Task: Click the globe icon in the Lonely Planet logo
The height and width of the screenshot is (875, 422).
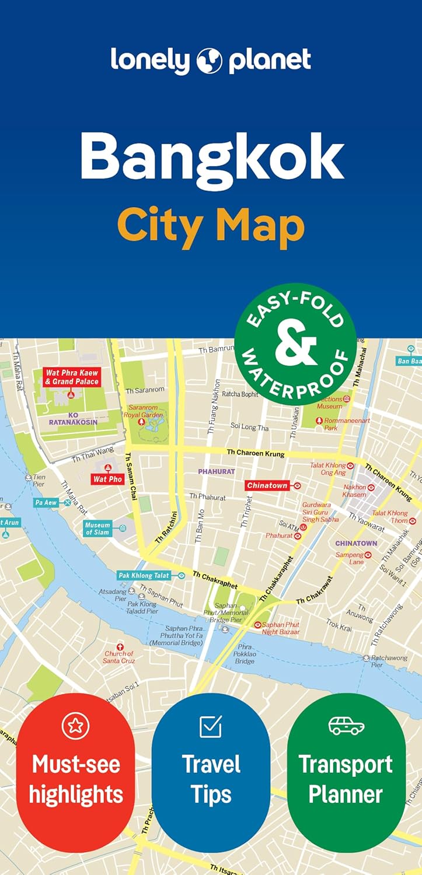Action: pyautogui.click(x=211, y=60)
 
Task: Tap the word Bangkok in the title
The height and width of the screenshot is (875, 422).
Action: pyautogui.click(x=211, y=156)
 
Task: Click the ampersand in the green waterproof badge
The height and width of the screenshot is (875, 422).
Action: pyautogui.click(x=295, y=345)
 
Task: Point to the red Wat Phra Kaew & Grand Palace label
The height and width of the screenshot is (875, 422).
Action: pyautogui.click(x=72, y=377)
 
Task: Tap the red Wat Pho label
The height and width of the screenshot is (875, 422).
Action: pyautogui.click(x=108, y=478)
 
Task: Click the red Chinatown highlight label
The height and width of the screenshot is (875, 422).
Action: pyautogui.click(x=267, y=485)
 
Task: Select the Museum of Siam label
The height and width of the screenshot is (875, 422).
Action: pyautogui.click(x=97, y=528)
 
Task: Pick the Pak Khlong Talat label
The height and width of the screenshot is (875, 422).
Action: pyautogui.click(x=144, y=575)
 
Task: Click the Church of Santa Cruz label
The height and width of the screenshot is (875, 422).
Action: pyautogui.click(x=119, y=657)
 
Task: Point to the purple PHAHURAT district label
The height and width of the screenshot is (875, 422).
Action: pyautogui.click(x=216, y=471)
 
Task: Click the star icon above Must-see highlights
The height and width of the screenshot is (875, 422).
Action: pyautogui.click(x=76, y=726)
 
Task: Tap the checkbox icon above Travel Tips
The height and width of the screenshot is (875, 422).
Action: pyautogui.click(x=211, y=726)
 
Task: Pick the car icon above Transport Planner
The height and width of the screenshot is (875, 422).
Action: pyautogui.click(x=346, y=726)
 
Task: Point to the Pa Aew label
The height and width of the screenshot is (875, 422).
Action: pyautogui.click(x=46, y=502)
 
